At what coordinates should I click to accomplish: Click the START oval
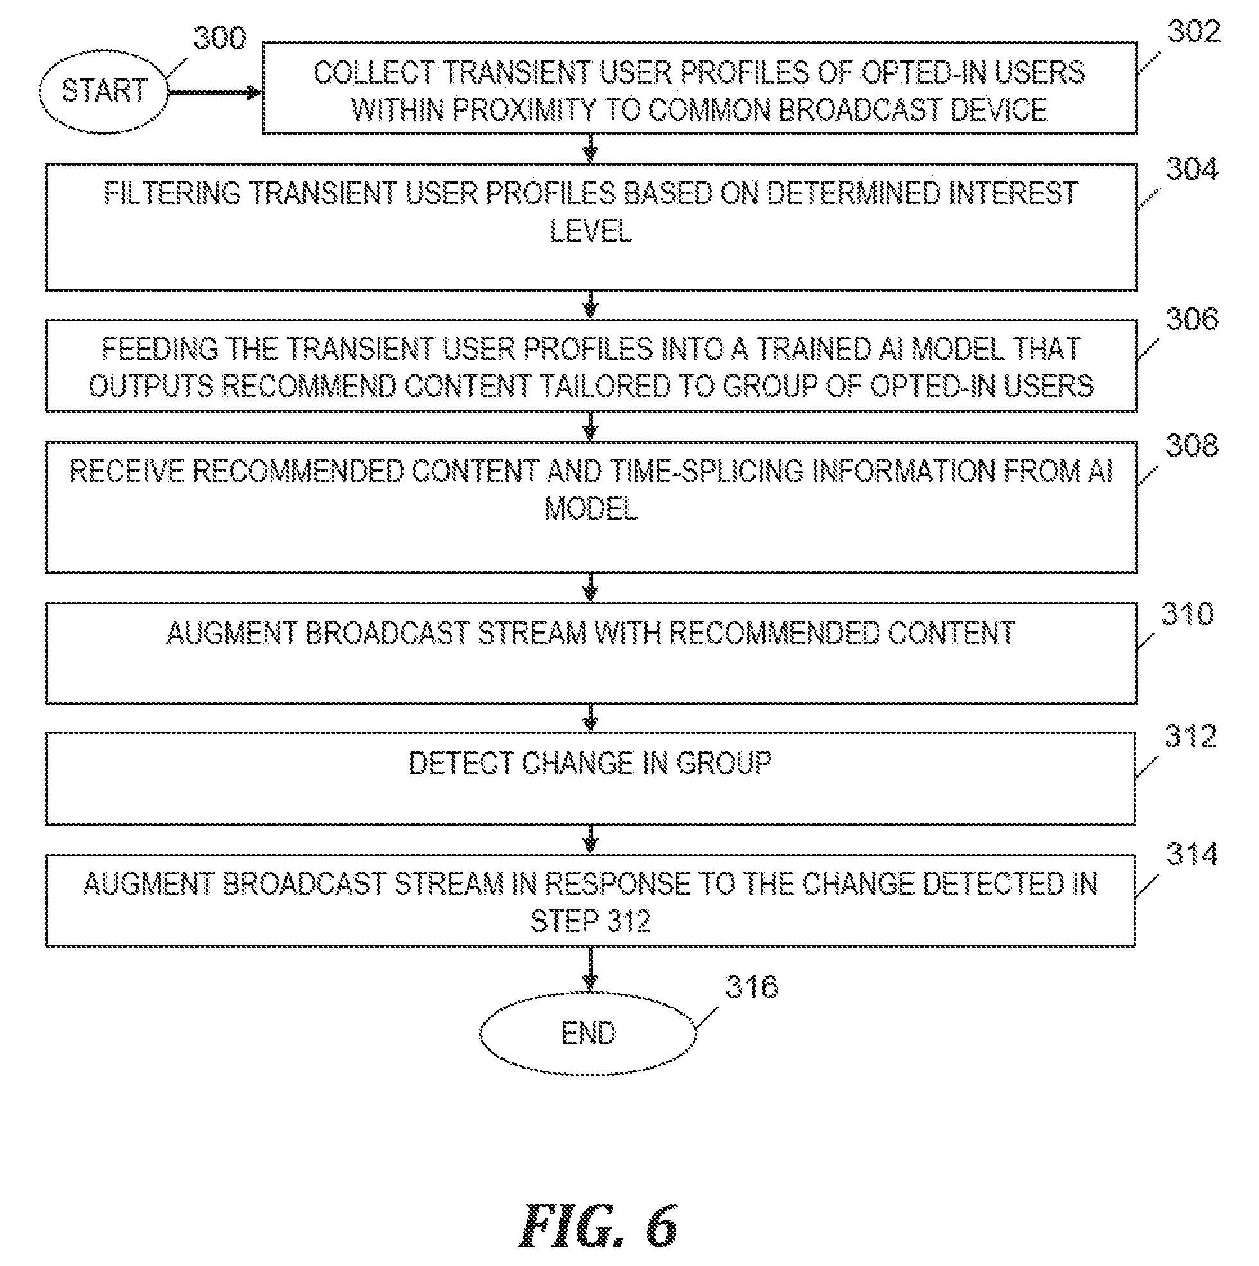click(x=103, y=92)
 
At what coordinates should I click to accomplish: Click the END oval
click(x=587, y=1033)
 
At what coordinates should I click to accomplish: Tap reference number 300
click(x=219, y=38)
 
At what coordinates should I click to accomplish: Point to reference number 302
click(x=1193, y=32)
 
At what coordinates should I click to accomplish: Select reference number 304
click(x=1192, y=169)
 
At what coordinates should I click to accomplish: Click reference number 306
click(x=1192, y=319)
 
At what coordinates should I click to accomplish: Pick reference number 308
click(x=1192, y=446)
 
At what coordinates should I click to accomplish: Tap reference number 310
click(x=1188, y=614)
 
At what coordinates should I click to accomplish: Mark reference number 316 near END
click(x=752, y=986)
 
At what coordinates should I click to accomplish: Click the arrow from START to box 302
click(x=215, y=93)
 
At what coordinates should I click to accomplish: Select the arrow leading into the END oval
click(x=590, y=968)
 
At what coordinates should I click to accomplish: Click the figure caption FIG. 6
click(x=599, y=1225)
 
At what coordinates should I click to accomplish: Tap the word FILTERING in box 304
click(x=172, y=194)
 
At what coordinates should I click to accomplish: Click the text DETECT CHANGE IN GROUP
click(x=590, y=763)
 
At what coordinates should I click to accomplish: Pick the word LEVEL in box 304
click(x=591, y=231)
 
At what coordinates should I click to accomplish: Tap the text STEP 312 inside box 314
click(x=590, y=921)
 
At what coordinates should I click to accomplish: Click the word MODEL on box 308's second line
click(x=591, y=509)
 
